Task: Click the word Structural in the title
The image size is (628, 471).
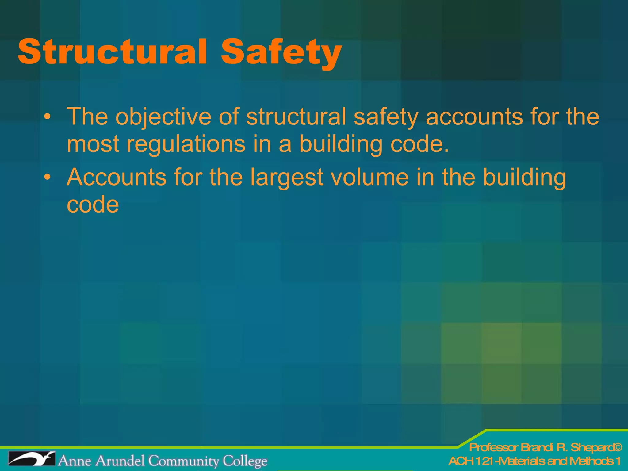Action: (x=112, y=51)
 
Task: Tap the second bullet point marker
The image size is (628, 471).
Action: (x=47, y=177)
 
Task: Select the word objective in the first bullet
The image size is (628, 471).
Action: (x=163, y=117)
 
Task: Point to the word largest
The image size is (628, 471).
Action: (x=287, y=178)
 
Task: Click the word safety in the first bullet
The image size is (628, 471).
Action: (x=386, y=117)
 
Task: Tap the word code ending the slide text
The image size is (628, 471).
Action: (x=93, y=205)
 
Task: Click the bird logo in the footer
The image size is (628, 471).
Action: (x=32, y=459)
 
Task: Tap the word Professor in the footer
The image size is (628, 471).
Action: (x=493, y=447)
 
